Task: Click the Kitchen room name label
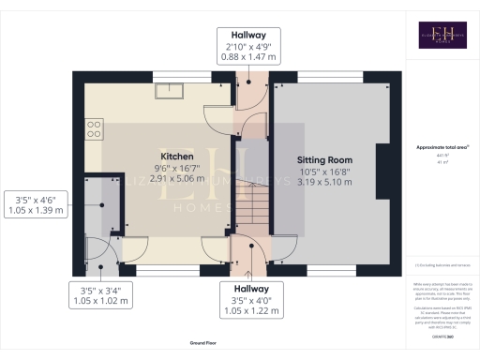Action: [177, 157]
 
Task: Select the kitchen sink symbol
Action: [171, 91]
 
